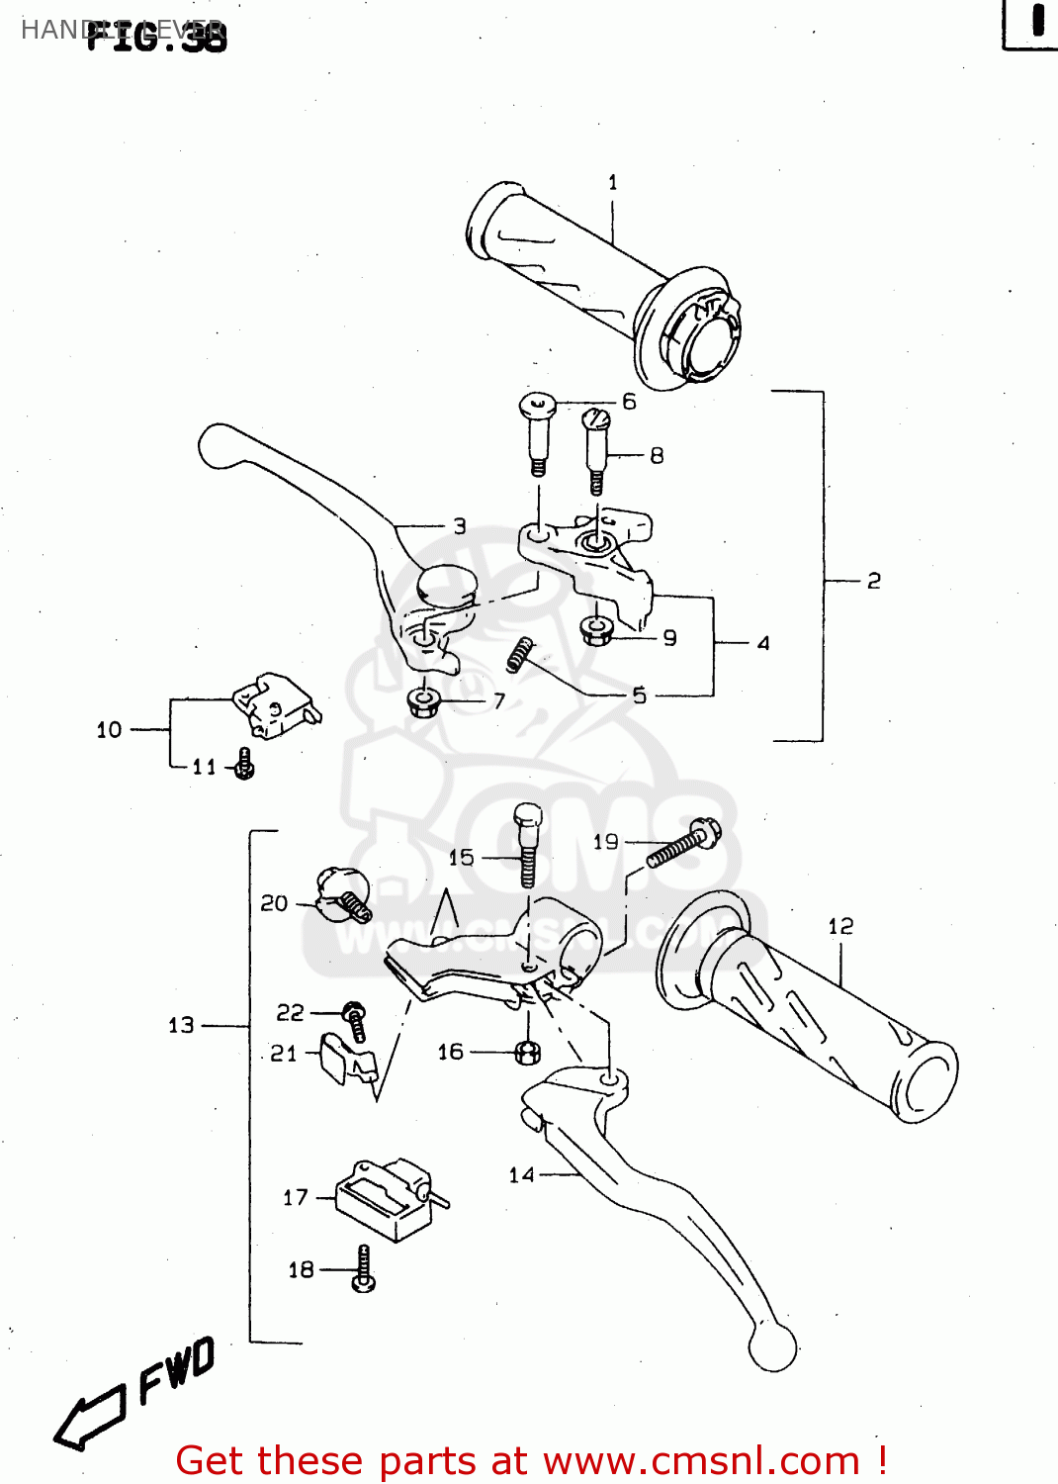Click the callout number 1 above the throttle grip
click(x=613, y=183)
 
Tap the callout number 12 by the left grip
click(x=839, y=926)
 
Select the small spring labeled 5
click(x=520, y=654)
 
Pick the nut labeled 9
click(x=596, y=630)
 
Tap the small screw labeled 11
click(x=244, y=764)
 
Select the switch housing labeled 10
click(x=274, y=704)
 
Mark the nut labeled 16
click(x=528, y=1052)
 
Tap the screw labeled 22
click(x=355, y=1021)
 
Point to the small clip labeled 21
click(x=347, y=1061)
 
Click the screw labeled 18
click(x=363, y=1269)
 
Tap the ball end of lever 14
click(x=772, y=1346)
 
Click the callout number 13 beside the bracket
click(x=181, y=1026)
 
